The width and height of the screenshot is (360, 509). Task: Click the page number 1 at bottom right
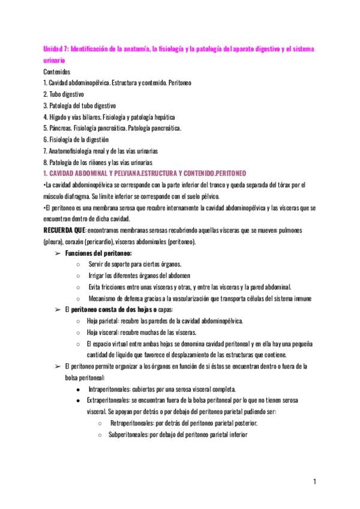[314, 481]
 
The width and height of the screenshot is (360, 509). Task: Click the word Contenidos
[58, 71]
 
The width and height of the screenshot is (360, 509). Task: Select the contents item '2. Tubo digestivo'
[64, 94]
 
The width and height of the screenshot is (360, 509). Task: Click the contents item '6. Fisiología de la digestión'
[76, 139]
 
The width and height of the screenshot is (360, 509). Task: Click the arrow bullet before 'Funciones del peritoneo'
[58, 253]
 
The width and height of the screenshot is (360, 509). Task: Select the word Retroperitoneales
[134, 423]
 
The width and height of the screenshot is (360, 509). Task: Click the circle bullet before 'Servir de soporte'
[79, 264]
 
